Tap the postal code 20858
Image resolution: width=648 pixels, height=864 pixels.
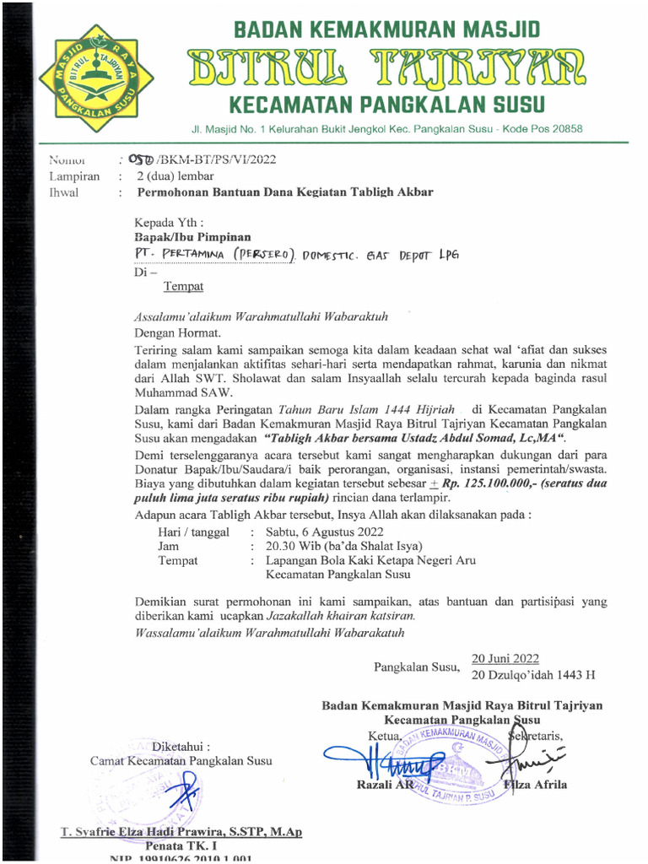[564, 129]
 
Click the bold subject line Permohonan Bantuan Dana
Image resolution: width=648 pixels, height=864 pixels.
[285, 192]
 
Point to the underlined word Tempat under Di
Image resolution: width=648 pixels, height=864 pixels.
[183, 287]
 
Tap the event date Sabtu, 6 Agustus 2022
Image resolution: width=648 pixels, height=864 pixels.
[324, 532]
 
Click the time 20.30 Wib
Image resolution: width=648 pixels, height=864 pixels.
[291, 546]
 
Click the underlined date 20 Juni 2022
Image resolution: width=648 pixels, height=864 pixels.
[505, 659]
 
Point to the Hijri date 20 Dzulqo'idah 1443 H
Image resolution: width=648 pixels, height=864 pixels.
[533, 675]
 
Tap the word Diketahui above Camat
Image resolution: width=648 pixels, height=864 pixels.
[181, 746]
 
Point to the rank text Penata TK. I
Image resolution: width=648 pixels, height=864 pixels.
[181, 845]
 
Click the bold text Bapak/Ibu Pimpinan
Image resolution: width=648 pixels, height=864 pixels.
[192, 237]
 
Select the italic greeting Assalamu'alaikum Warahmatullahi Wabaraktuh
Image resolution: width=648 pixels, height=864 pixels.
[262, 317]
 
